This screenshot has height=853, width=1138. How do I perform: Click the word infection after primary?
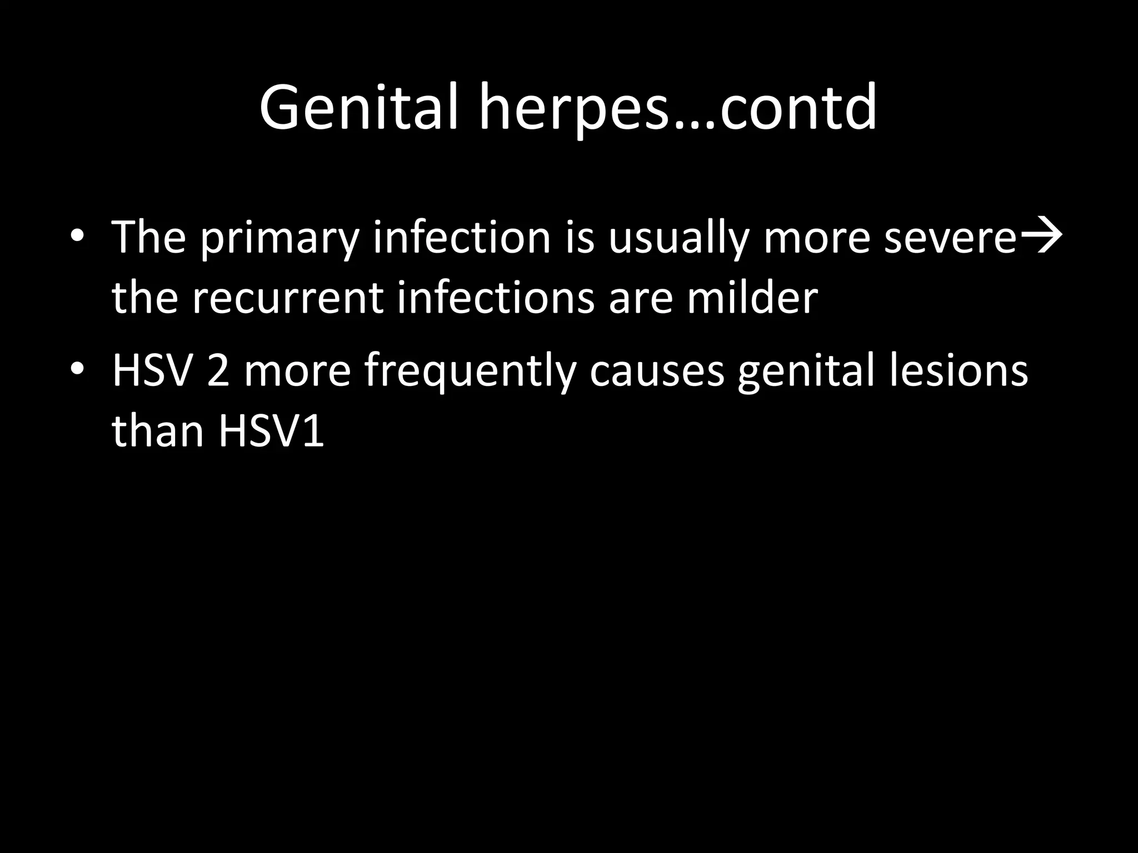click(x=461, y=237)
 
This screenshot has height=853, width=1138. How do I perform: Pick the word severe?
click(x=950, y=237)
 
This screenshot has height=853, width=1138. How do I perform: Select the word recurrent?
click(x=288, y=298)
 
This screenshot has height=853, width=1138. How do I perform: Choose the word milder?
click(x=752, y=298)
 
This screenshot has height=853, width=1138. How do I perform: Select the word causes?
click(x=657, y=371)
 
